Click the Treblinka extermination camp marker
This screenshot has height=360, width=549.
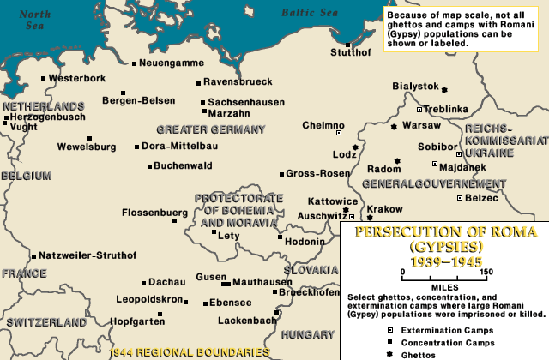[x=419, y=110]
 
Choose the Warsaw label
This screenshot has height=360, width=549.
[x=421, y=125]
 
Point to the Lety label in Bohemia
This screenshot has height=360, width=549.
[x=229, y=235]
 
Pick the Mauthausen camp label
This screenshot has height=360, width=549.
[x=262, y=280]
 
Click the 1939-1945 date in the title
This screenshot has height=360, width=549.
[x=445, y=261]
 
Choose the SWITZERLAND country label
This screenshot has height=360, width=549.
[x=46, y=322]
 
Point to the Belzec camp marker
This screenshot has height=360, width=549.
[x=459, y=198]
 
